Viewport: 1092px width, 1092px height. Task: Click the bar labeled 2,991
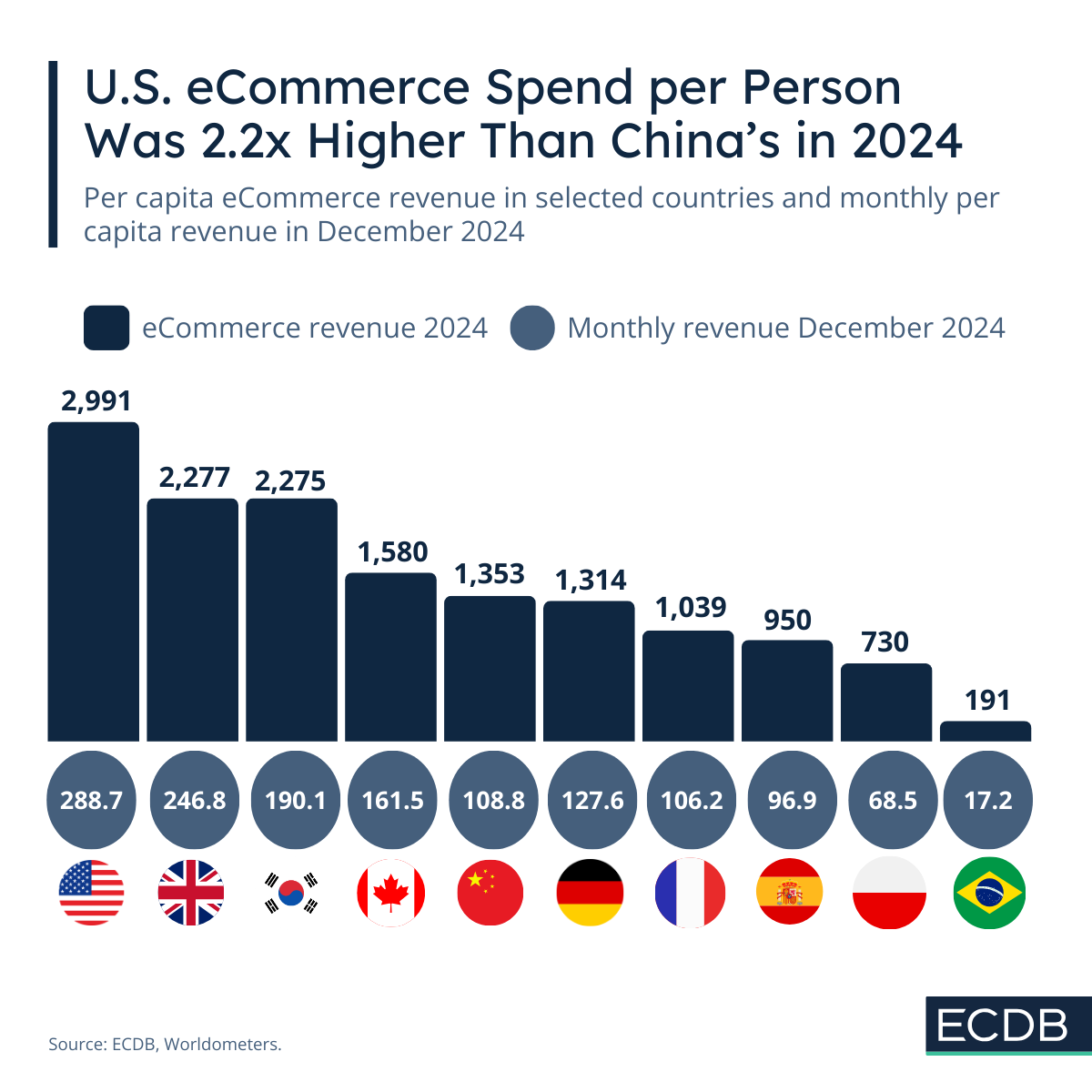(x=93, y=582)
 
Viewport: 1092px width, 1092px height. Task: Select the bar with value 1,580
(x=390, y=657)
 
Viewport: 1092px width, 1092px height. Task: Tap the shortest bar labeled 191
(x=986, y=732)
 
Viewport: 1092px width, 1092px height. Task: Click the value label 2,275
(x=290, y=480)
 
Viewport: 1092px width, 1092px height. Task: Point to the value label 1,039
(x=691, y=607)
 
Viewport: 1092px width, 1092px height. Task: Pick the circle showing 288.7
(x=91, y=800)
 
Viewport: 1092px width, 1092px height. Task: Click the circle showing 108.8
(x=493, y=800)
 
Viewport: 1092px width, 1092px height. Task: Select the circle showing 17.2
(x=988, y=800)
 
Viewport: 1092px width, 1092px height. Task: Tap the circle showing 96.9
(x=791, y=800)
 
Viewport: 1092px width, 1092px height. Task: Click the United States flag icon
(x=91, y=892)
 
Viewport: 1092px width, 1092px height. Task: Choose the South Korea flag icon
(x=291, y=892)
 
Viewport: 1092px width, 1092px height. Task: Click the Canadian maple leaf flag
(x=390, y=892)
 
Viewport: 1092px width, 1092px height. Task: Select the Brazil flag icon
(x=989, y=892)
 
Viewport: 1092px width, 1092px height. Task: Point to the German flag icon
(x=590, y=892)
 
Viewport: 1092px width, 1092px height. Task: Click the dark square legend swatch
(x=106, y=328)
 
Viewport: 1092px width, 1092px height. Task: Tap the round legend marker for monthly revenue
(x=532, y=328)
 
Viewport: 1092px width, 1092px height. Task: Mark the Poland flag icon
(x=890, y=892)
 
